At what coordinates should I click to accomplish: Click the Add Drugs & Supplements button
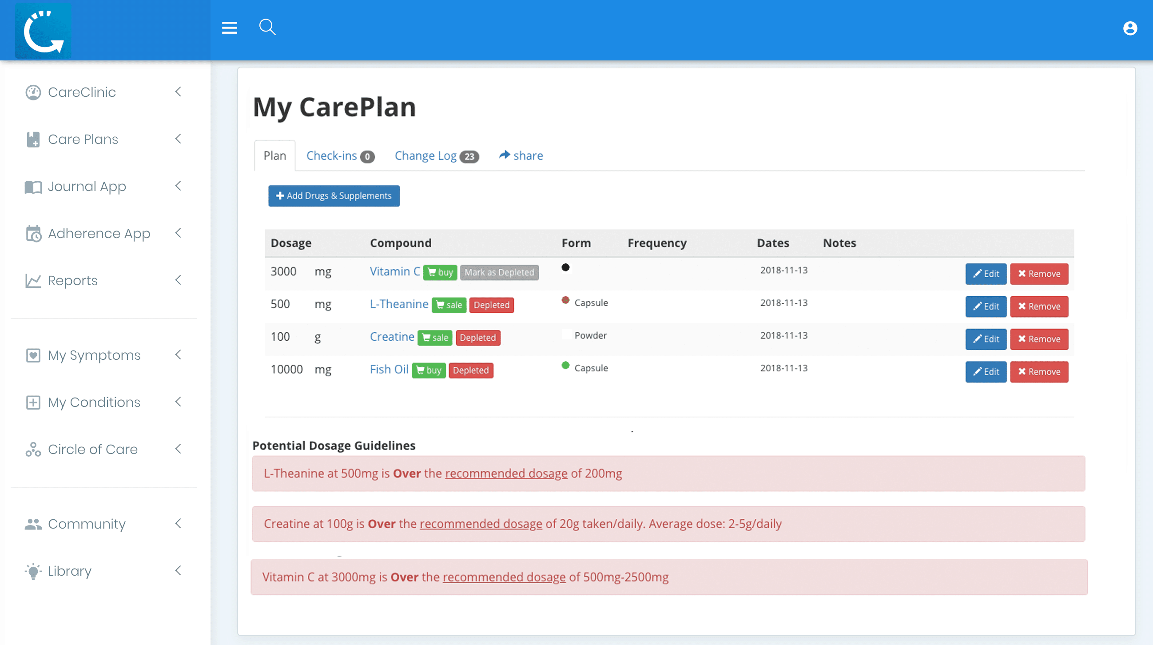pos(334,195)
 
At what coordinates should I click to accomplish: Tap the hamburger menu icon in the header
pos(229,28)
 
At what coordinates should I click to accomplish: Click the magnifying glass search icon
pos(267,27)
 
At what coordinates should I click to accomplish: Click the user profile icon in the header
pos(1130,28)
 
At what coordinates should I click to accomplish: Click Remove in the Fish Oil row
pos(1039,371)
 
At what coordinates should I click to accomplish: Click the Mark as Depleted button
pos(499,272)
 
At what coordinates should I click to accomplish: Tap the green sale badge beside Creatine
pos(435,338)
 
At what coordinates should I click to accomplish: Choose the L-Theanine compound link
pos(399,304)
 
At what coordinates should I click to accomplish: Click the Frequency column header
pos(656,243)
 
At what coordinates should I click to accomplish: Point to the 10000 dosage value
pos(286,369)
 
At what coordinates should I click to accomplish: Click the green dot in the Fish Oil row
pos(565,365)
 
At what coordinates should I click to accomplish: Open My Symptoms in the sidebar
pos(94,355)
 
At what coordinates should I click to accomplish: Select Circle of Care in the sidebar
pos(93,449)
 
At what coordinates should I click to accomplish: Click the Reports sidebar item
pos(72,280)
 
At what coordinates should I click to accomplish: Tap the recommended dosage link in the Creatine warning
pos(481,524)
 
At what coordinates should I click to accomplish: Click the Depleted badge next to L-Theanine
pos(492,305)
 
